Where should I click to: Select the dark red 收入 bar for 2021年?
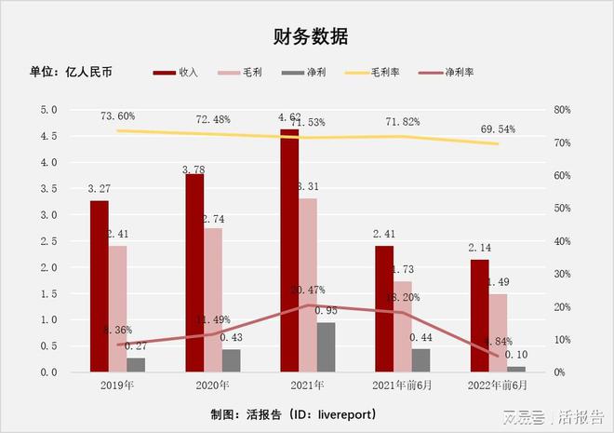point(289,251)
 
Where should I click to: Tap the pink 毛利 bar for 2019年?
point(118,308)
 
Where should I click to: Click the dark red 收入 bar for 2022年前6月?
point(479,316)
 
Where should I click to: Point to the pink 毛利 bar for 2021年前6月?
point(403,327)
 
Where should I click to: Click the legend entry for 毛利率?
point(371,72)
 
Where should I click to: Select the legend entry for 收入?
point(178,72)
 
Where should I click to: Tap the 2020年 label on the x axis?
point(213,385)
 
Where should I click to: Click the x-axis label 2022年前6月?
point(498,385)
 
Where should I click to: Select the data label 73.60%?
point(118,116)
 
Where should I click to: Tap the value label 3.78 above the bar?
point(194,169)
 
